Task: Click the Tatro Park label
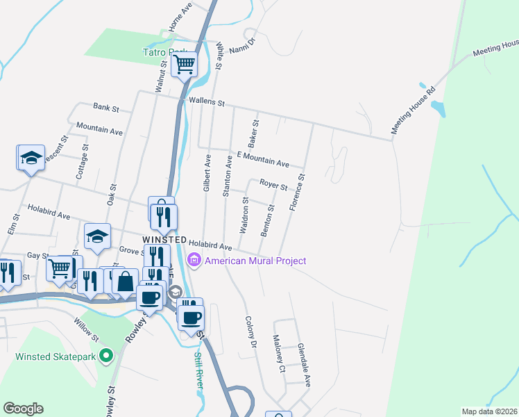[165, 52]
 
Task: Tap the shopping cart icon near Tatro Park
[185, 65]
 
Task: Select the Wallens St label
[207, 103]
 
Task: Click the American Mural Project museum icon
[194, 261]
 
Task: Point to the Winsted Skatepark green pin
[105, 357]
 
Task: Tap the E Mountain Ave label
[262, 160]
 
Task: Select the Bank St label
[106, 108]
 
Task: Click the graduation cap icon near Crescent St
[31, 158]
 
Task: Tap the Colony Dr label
[250, 333]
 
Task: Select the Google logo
[23, 409]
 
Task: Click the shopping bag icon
[125, 281]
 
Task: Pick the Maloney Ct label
[278, 354]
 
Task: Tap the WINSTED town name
[164, 239]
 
